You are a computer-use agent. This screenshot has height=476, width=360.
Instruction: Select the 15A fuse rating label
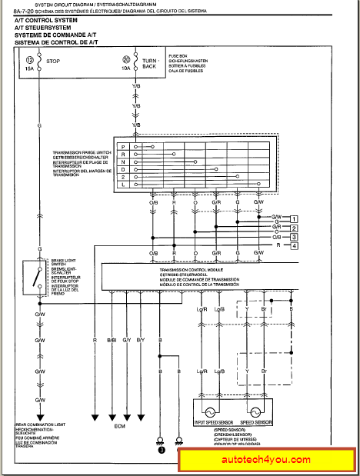pyautogui.click(x=30, y=68)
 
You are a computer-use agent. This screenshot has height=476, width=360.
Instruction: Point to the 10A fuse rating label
pyautogui.click(x=127, y=68)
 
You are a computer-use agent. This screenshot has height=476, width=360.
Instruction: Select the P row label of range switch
pyautogui.click(x=123, y=145)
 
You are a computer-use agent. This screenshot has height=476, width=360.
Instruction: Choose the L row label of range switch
pyautogui.click(x=123, y=185)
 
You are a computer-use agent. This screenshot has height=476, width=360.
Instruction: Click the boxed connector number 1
pyautogui.click(x=295, y=218)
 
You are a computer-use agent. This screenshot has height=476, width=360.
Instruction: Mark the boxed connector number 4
pyautogui.click(x=295, y=246)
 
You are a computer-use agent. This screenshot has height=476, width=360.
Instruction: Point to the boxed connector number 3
pyautogui.click(x=295, y=237)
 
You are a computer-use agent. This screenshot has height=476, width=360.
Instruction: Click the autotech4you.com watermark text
pyautogui.click(x=266, y=460)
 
